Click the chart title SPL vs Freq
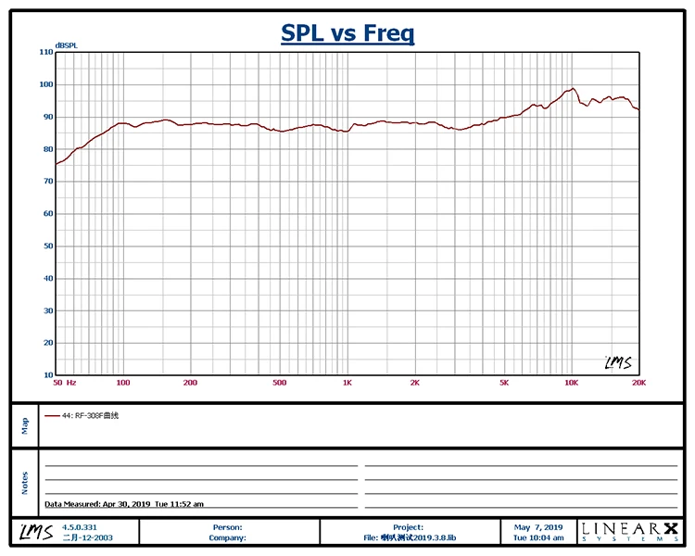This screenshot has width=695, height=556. point(347,34)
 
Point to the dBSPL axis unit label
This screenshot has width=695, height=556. point(65,44)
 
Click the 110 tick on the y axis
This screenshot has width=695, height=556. point(46,52)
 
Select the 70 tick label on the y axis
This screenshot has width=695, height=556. point(47,182)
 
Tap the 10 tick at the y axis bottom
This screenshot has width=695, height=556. point(47,375)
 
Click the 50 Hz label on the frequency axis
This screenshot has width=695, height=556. point(64,383)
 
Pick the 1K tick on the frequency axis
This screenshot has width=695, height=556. point(347,383)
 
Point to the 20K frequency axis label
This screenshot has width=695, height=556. point(638,383)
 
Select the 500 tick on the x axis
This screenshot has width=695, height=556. point(280,383)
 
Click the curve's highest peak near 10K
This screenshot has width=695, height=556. point(574,89)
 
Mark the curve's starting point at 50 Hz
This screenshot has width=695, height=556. point(57,164)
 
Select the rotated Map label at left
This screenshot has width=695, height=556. point(24,424)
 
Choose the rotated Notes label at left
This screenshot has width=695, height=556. point(24,483)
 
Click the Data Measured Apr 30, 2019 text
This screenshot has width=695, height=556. point(124,504)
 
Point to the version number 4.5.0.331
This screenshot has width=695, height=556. point(79,526)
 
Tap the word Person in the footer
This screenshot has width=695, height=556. point(227,526)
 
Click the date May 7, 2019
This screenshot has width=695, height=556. point(538,526)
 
